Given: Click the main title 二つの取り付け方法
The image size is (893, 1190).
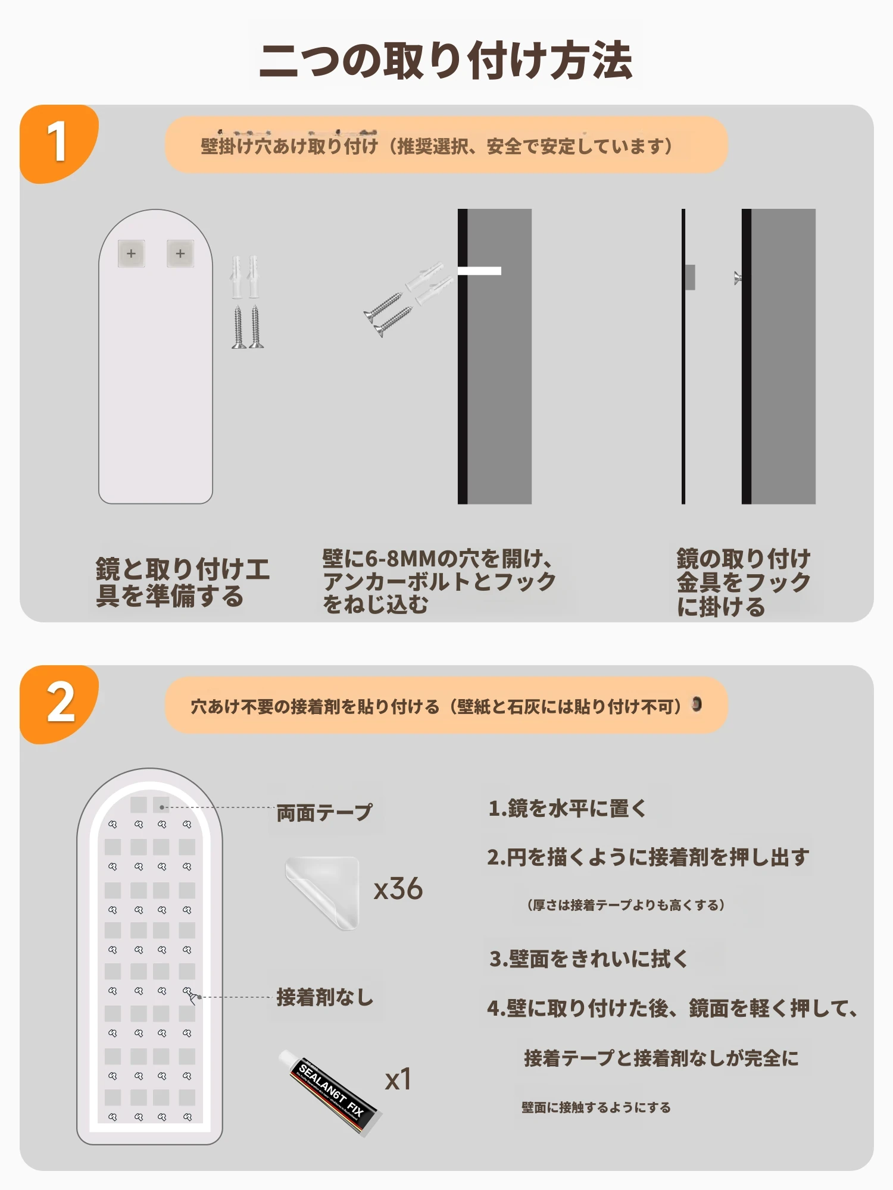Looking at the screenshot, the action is (x=445, y=61).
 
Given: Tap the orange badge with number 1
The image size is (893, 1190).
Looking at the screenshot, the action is (x=58, y=143).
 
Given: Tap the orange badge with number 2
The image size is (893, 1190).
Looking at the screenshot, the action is (x=58, y=704).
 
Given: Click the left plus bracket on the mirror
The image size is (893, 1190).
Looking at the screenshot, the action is (x=131, y=253).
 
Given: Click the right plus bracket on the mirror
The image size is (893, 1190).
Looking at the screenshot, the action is (x=180, y=253).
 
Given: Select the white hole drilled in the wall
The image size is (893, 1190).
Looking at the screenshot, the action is (x=479, y=271).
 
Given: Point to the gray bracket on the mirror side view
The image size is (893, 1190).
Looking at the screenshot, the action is (x=690, y=277).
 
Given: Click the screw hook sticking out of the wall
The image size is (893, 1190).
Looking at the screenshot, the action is (x=738, y=277).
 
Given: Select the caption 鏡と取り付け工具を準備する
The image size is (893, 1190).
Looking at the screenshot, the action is (x=182, y=582).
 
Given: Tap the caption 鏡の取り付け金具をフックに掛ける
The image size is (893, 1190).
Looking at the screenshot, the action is (x=744, y=583).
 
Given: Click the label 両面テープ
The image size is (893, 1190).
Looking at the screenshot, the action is (x=324, y=812).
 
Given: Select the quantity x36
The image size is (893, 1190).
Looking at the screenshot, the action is (x=398, y=889).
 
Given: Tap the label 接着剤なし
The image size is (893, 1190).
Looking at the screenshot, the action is (x=325, y=997).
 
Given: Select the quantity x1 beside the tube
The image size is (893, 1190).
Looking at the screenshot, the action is (x=398, y=1079).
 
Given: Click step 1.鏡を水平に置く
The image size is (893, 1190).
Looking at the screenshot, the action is (x=567, y=808).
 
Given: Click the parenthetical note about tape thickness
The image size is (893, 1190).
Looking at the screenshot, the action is (x=626, y=905).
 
